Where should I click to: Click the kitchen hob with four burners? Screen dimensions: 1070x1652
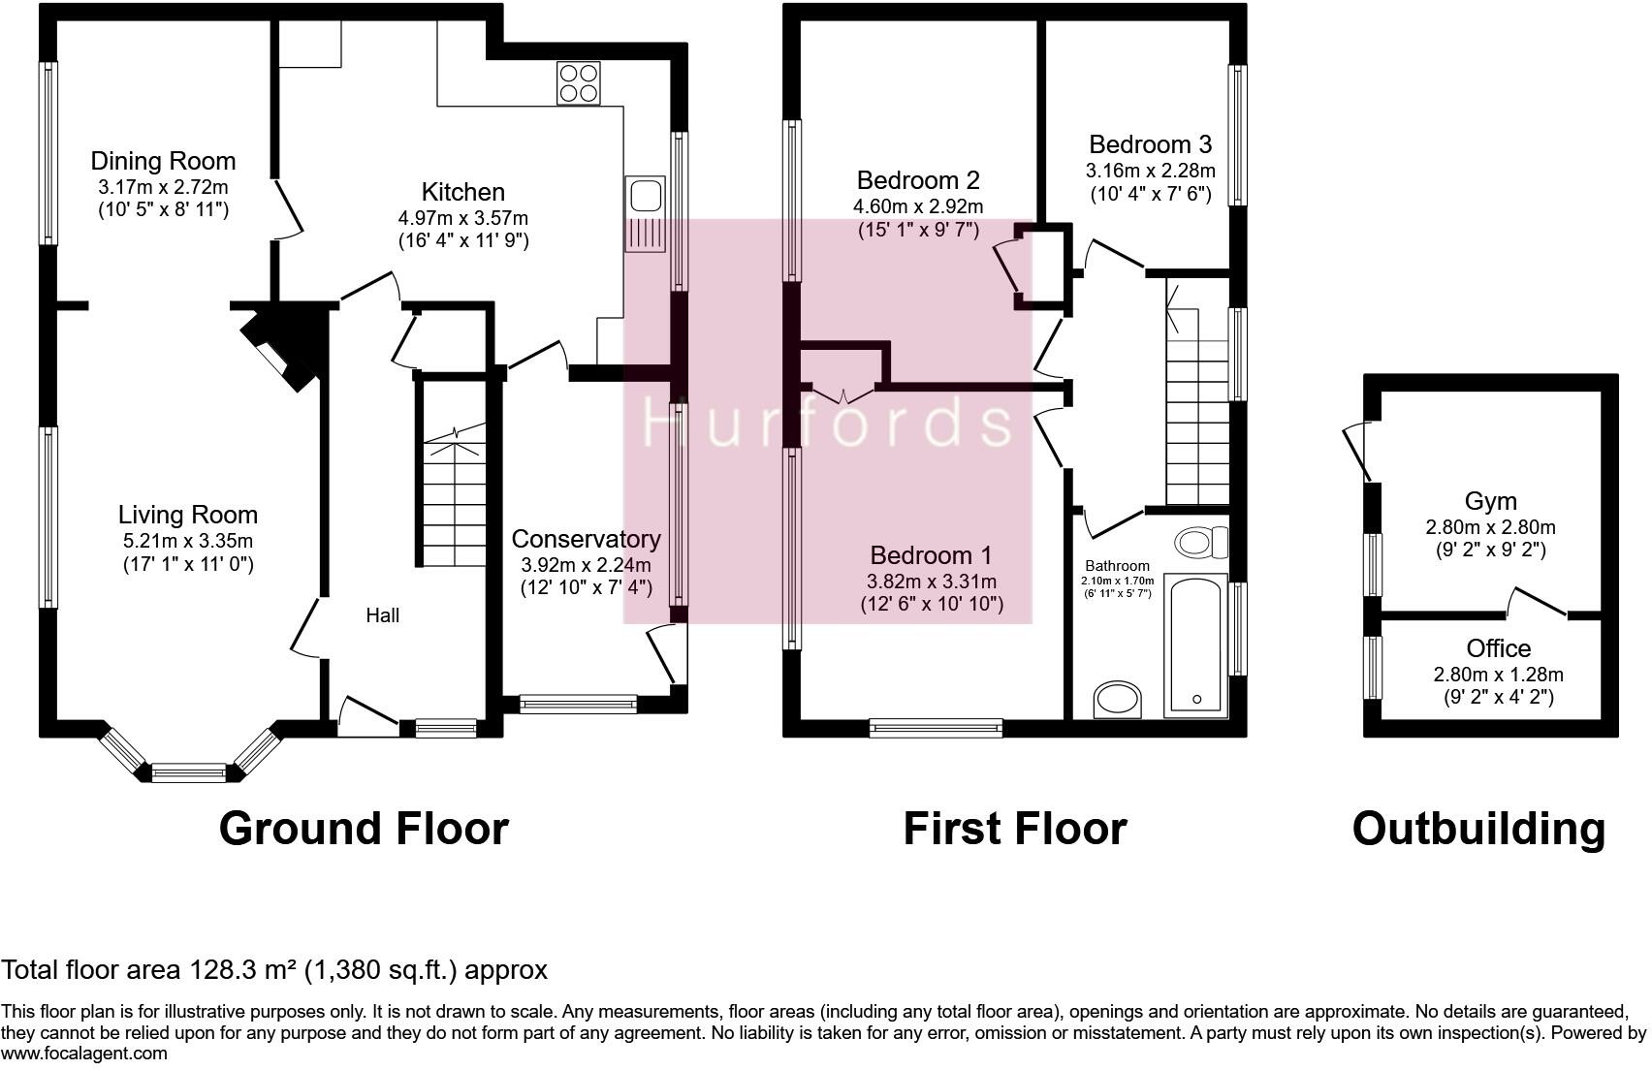click(579, 82)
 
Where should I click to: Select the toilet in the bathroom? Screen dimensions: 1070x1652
click(1199, 539)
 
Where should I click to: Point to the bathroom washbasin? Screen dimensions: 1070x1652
click(1118, 700)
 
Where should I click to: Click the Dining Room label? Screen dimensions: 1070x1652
click(163, 161)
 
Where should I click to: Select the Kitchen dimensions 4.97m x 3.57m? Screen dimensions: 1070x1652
click(462, 218)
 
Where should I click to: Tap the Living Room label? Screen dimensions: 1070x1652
click(188, 515)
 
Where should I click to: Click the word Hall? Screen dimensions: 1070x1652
click(382, 614)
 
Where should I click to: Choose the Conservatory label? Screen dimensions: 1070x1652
click(586, 539)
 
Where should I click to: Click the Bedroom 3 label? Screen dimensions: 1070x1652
click(1150, 145)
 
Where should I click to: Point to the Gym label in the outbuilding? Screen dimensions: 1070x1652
click(1490, 501)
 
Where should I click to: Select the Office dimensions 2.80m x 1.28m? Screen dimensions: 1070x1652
click(1498, 674)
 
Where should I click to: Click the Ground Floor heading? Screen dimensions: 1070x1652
click(364, 829)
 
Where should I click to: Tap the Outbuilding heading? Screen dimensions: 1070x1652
click(1478, 829)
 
